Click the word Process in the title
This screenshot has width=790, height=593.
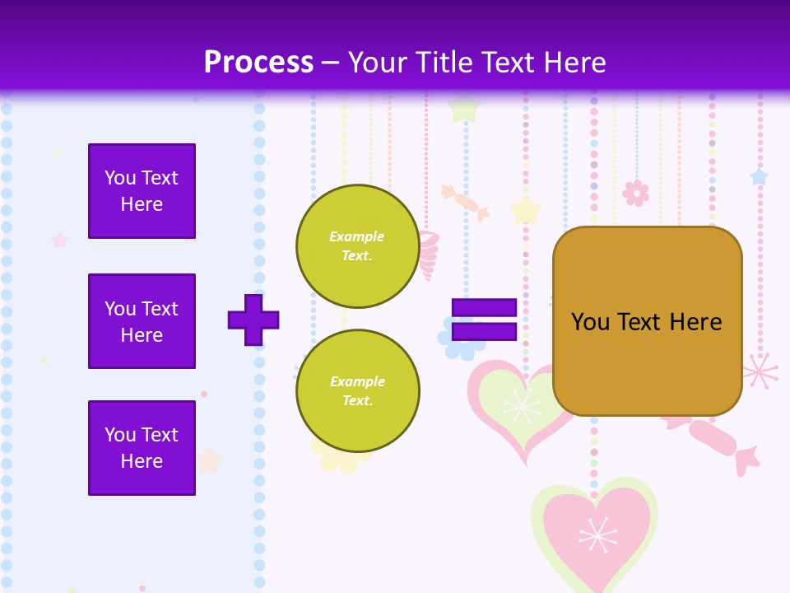click(258, 62)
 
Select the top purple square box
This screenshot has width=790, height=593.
click(142, 191)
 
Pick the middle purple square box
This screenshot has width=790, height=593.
click(142, 321)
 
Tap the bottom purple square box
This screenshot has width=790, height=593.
click(142, 448)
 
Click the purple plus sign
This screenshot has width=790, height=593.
click(253, 319)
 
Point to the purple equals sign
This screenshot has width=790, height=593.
click(484, 320)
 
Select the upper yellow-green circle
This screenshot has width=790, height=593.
click(357, 246)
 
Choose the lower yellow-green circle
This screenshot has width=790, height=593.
click(357, 391)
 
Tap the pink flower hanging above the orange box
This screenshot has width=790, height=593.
click(635, 193)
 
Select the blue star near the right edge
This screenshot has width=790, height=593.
click(758, 176)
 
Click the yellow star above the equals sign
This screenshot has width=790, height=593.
click(525, 210)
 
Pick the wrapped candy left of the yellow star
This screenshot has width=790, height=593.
click(465, 202)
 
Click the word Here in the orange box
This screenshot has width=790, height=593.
click(695, 322)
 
